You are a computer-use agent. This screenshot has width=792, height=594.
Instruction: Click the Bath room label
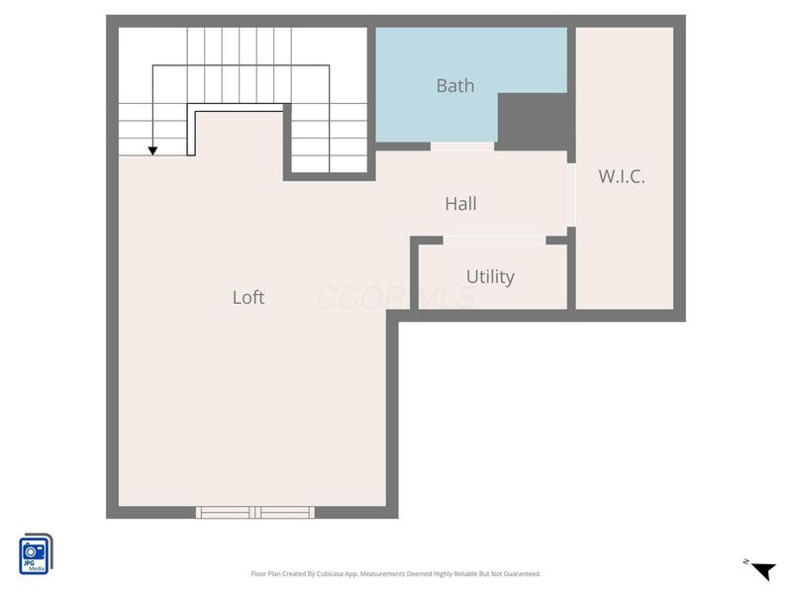[x=455, y=86]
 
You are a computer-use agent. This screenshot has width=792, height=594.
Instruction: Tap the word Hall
[x=460, y=204]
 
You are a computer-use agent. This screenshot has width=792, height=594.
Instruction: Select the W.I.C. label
[x=622, y=177]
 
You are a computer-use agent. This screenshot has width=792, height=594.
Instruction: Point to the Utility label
[x=490, y=277]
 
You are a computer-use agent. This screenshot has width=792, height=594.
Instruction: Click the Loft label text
[x=248, y=297]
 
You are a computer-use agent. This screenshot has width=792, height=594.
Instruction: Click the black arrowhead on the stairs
[x=152, y=150]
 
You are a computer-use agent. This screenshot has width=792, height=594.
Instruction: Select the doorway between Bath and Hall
[x=462, y=147]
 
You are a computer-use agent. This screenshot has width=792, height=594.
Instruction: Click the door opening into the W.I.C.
[x=571, y=194]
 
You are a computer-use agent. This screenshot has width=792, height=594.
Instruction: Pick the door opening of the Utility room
[x=493, y=240]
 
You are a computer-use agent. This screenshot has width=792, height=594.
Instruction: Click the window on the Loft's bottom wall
[x=255, y=512]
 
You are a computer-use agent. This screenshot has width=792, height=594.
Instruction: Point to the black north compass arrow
[x=761, y=570]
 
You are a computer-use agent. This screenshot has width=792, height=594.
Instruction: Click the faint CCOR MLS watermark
[x=396, y=297]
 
